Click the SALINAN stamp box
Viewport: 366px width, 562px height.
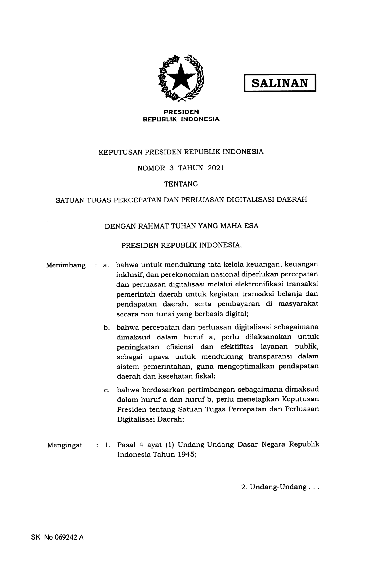point(280,83)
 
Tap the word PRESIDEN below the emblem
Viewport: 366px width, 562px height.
point(181,112)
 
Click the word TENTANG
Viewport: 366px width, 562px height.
point(181,184)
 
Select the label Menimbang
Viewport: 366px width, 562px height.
point(66,265)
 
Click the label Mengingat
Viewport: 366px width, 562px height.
point(65,445)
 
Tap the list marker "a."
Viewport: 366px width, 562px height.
point(106,265)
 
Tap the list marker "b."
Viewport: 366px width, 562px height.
point(106,328)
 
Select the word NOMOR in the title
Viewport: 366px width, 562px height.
point(151,168)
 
